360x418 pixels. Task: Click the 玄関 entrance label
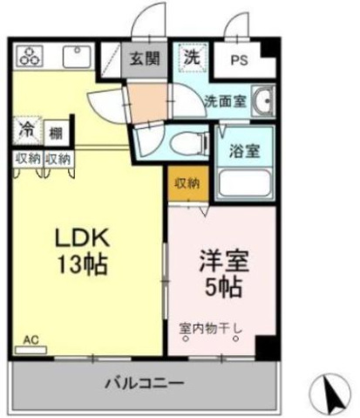click(x=145, y=58)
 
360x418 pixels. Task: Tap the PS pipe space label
click(x=239, y=60)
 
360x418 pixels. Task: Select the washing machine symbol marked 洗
click(x=193, y=58)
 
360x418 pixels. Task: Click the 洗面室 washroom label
click(x=225, y=101)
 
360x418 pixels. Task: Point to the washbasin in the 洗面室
click(x=263, y=100)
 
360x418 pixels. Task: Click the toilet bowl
click(x=188, y=143)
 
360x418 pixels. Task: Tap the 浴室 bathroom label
click(x=244, y=151)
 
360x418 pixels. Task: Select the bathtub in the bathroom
click(x=244, y=183)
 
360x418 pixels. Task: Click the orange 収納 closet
click(x=188, y=183)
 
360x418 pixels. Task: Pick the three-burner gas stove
click(x=30, y=56)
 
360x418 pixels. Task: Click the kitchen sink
click(x=77, y=57)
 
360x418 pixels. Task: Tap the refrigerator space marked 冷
click(x=27, y=131)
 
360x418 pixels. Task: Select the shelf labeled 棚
click(x=57, y=134)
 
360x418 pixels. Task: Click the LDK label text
click(x=83, y=237)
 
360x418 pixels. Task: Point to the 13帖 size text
click(x=83, y=265)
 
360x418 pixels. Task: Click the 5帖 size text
click(x=223, y=287)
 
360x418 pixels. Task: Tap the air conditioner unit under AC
click(x=31, y=350)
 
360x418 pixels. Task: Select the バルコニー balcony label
click(x=145, y=383)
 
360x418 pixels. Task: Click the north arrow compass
click(x=330, y=395)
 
